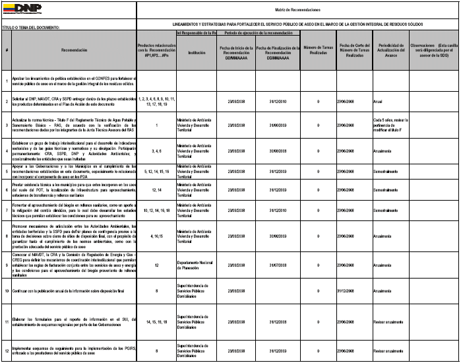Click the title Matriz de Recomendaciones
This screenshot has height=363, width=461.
click(297, 10)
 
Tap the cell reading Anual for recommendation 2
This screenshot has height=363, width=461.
click(378, 101)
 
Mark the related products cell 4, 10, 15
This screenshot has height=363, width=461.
click(156, 236)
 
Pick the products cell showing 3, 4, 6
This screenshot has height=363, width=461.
click(156, 150)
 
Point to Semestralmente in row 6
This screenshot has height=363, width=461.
click(388, 190)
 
